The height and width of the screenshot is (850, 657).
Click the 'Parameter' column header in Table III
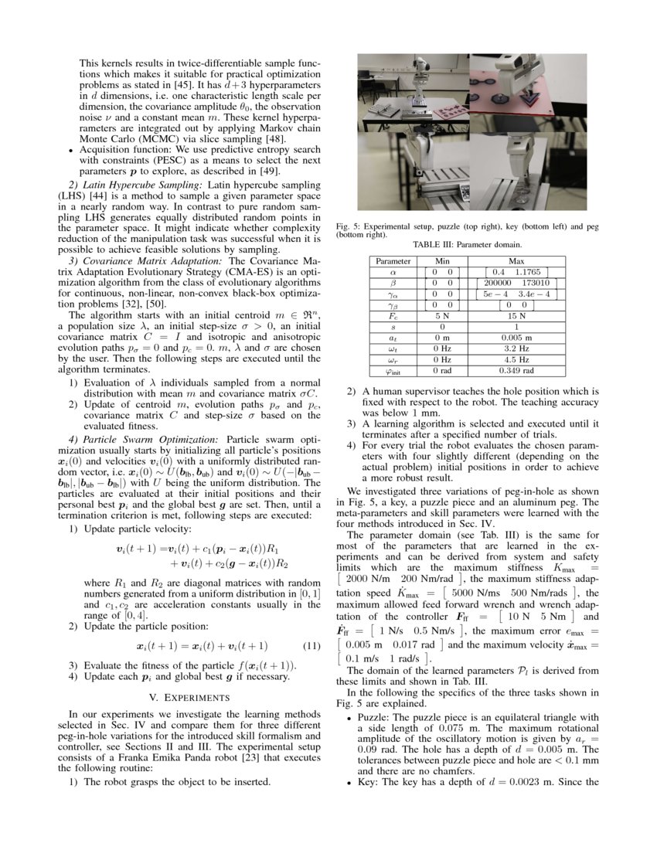pyautogui.click(x=393, y=262)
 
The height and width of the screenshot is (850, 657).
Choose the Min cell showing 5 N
pyautogui.click(x=442, y=316)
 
